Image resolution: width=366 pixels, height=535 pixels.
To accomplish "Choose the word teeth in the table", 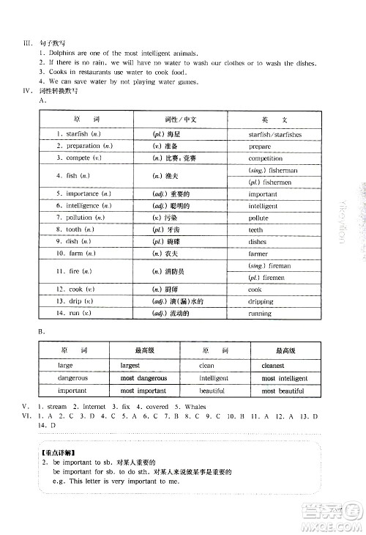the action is click(x=256, y=229).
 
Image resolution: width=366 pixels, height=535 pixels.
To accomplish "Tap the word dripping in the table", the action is click(x=260, y=301).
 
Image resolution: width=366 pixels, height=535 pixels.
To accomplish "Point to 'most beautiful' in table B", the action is click(x=282, y=391).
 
